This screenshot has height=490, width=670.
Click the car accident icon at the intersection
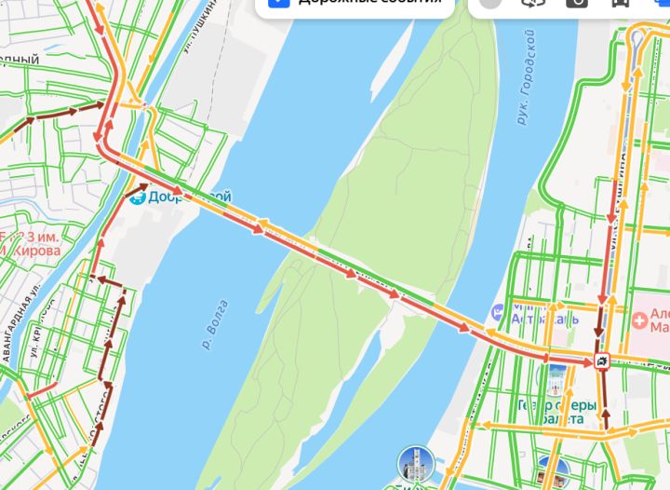tap(603, 361)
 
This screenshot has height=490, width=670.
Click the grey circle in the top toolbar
tap(491, 3)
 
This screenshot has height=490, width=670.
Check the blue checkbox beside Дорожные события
tap(277, 3)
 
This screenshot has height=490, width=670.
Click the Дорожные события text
tap(368, 3)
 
